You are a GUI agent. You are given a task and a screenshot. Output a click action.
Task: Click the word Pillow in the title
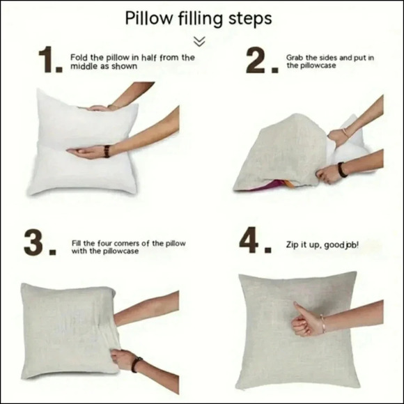tap(148, 18)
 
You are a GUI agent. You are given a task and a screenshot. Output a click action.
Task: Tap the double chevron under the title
tap(199, 42)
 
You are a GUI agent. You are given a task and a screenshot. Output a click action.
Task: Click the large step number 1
tap(50, 59)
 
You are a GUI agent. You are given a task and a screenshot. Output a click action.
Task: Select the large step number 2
tap(261, 61)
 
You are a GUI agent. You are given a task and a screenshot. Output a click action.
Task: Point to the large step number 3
tap(40, 242)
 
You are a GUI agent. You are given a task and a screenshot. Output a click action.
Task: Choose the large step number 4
tap(255, 240)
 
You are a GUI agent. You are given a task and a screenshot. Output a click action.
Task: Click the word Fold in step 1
tap(79, 57)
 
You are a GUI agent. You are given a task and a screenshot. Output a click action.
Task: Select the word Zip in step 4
tap(292, 244)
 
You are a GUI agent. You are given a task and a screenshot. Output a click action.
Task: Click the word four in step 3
tap(104, 244)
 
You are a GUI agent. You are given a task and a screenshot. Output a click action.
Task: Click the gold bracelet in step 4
tap(323, 324)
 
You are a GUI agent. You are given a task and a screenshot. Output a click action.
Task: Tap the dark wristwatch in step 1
tap(107, 151)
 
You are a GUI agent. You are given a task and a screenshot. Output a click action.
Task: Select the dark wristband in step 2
tap(342, 170)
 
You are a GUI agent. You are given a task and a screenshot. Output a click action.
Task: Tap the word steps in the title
tap(250, 19)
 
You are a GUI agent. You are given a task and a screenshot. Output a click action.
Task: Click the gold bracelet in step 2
tap(345, 132)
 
